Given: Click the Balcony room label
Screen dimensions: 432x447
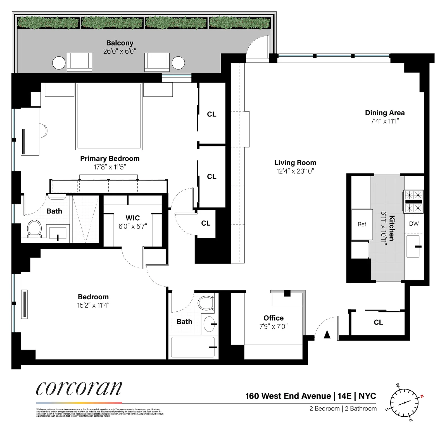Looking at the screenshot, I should (x=120, y=43).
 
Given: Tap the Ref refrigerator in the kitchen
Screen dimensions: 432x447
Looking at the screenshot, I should (x=362, y=224).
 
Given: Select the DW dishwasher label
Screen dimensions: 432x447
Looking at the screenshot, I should (x=414, y=224).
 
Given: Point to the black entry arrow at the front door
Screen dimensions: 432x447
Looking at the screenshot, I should (x=327, y=335).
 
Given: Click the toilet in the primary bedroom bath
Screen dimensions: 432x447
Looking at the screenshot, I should (x=34, y=228).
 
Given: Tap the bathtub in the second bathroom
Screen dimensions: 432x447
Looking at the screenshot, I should (x=193, y=347).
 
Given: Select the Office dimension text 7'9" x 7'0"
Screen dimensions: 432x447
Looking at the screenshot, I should (x=273, y=326).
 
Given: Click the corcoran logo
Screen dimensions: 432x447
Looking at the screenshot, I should (x=79, y=388).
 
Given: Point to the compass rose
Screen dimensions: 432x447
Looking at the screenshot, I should (x=404, y=403).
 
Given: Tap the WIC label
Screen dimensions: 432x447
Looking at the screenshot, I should (x=133, y=218).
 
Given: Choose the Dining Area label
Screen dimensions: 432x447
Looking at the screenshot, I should (x=385, y=113).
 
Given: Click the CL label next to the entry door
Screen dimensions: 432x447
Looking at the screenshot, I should (x=378, y=322).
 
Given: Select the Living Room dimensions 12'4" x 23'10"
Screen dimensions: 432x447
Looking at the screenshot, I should (x=295, y=171).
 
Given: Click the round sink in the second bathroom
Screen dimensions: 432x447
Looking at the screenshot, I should (x=209, y=324).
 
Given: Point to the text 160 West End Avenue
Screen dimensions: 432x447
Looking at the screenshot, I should (x=288, y=396).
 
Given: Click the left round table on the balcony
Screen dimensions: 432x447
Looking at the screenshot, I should (x=59, y=63).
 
